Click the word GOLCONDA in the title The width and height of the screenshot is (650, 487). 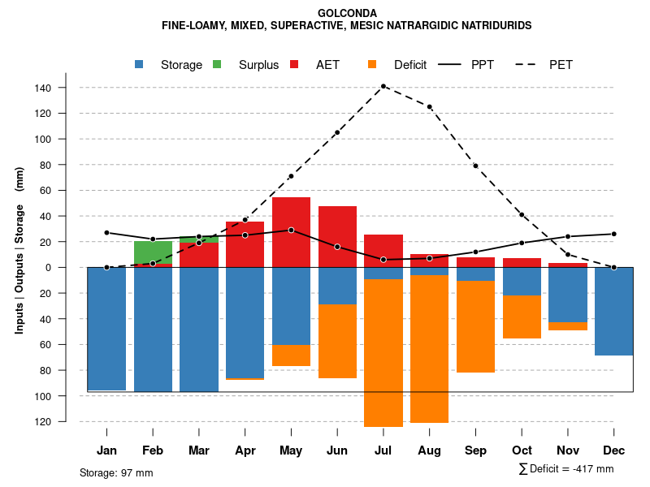pyautogui.click(x=347, y=13)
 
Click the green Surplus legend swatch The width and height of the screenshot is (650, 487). pyautogui.click(x=217, y=65)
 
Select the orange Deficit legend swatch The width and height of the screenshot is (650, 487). pyautogui.click(x=372, y=65)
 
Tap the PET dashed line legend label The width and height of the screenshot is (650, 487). pyautogui.click(x=561, y=65)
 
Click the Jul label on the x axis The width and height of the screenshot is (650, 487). pyautogui.click(x=383, y=450)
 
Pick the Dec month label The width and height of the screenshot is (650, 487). pyautogui.click(x=614, y=450)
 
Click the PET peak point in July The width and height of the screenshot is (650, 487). pyautogui.click(x=383, y=86)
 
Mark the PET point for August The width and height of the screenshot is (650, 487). pyautogui.click(x=430, y=106)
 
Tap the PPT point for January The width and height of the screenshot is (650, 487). pyautogui.click(x=106, y=233)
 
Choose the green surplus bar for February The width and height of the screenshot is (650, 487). pyautogui.click(x=153, y=252)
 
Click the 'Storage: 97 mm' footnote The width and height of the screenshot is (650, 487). pyautogui.click(x=116, y=472)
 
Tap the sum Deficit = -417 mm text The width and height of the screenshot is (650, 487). pyautogui.click(x=566, y=469)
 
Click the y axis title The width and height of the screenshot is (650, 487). pyautogui.click(x=19, y=250)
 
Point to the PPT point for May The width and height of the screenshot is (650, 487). pyautogui.click(x=291, y=230)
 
